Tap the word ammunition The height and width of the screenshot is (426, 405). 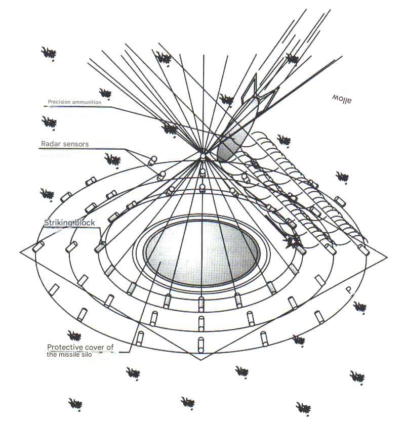pyautogui.click(x=87, y=102)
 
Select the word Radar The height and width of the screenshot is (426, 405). pyautogui.click(x=50, y=144)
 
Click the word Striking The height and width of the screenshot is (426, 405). pyautogui.click(x=57, y=223)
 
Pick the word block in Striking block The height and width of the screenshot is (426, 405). pyautogui.click(x=84, y=223)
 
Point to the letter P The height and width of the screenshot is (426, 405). pyautogui.click(x=349, y=290)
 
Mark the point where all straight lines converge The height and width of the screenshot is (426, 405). pyautogui.click(x=203, y=151)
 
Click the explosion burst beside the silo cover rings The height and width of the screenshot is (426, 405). pyautogui.click(x=292, y=244)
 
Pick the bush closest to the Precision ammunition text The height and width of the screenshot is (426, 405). pyautogui.click(x=105, y=93)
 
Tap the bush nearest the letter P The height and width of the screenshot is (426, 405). pyautogui.click(x=360, y=307)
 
